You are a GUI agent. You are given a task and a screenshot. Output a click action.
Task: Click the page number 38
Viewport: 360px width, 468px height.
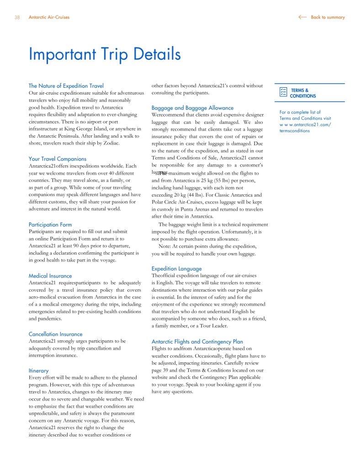tap(17, 17)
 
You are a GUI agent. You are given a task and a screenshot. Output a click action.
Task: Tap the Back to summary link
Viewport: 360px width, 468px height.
tap(328, 17)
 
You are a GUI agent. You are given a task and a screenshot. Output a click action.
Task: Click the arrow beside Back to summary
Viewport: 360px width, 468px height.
tap(302, 17)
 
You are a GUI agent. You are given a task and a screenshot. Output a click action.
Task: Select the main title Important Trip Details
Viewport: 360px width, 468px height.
tap(105, 54)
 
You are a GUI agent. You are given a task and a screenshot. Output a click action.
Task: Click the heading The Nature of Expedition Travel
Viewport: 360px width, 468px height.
tap(66, 85)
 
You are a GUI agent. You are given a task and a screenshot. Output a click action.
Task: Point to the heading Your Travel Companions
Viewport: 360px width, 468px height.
tap(57, 159)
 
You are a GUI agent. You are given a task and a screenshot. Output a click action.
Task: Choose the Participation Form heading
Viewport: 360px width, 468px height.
tap(50, 224)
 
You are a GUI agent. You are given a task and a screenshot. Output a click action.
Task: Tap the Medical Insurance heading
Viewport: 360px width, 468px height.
tap(50, 276)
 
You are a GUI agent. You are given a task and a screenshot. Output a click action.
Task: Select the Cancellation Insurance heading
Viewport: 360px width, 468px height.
tap(55, 334)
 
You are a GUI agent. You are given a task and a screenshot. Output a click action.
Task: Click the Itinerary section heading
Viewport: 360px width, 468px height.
tap(38, 371)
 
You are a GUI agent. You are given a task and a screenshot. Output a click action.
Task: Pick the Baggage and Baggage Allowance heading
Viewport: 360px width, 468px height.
tap(192, 108)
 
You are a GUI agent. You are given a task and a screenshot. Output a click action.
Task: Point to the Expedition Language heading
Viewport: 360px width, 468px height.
tap(176, 268)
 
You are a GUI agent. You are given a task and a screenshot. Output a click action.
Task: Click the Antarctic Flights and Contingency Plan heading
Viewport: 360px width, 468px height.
tap(197, 341)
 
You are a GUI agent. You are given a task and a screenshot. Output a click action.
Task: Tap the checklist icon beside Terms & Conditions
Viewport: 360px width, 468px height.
tap(283, 92)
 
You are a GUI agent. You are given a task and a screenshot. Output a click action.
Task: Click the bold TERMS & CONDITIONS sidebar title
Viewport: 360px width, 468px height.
tap(302, 93)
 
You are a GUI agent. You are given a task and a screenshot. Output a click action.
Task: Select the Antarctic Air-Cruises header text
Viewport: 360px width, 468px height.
tap(49, 17)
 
